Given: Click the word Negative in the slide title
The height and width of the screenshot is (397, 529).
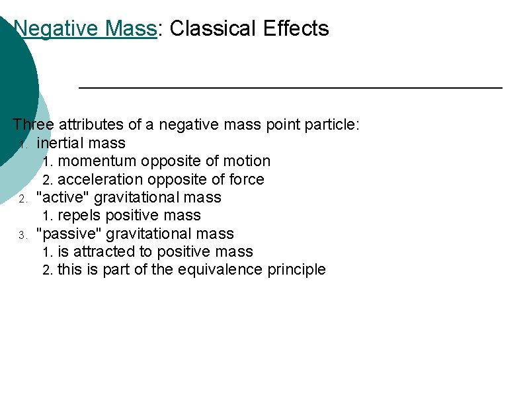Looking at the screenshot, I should [x=50, y=28].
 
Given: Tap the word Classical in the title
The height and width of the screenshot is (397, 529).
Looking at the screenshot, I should [x=210, y=28].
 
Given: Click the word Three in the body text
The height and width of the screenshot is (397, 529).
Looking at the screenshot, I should [x=33, y=124].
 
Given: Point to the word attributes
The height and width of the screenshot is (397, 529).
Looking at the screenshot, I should [x=88, y=124].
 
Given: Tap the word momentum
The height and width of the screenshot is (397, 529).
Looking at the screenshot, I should [x=99, y=161].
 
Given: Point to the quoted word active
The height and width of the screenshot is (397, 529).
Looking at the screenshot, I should [x=63, y=197].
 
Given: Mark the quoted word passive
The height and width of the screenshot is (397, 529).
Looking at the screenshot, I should [x=69, y=234].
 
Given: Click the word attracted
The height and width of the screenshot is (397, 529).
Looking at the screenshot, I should [x=104, y=252].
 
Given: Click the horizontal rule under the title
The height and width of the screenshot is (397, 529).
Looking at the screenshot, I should [x=290, y=87].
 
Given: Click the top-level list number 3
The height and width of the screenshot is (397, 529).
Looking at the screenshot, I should [x=22, y=235].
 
